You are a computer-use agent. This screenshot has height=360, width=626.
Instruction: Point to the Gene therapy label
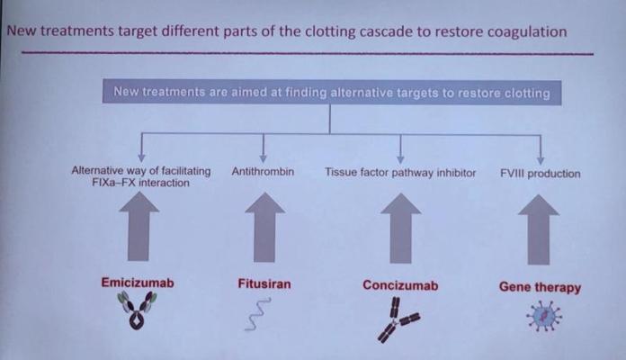(540, 288)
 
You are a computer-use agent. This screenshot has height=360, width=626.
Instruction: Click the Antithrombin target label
(263, 171)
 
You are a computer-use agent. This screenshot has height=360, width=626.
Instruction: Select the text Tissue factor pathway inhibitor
(400, 172)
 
